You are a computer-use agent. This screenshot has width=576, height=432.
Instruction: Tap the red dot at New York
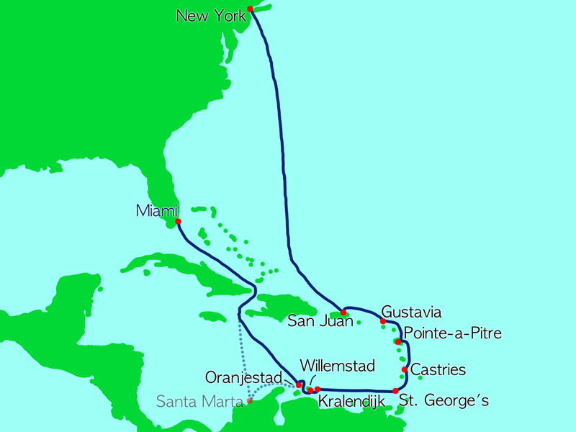click(x=250, y=9)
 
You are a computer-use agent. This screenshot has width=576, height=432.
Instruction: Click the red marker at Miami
click(x=177, y=221)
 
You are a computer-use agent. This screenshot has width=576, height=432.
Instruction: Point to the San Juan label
click(x=320, y=320)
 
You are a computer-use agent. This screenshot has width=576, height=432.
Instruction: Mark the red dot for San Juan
click(x=343, y=312)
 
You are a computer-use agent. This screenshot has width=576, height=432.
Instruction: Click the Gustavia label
click(x=411, y=312)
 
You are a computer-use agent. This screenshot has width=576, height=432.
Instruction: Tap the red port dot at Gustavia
click(x=382, y=321)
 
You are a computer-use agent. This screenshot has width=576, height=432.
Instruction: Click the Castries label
click(x=438, y=370)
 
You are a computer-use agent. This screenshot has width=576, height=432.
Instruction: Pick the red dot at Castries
click(x=405, y=370)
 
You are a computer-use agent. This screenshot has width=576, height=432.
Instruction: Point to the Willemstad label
click(x=337, y=366)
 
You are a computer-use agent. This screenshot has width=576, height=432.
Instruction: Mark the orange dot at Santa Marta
click(x=250, y=401)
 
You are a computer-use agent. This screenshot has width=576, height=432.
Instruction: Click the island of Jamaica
click(x=213, y=316)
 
